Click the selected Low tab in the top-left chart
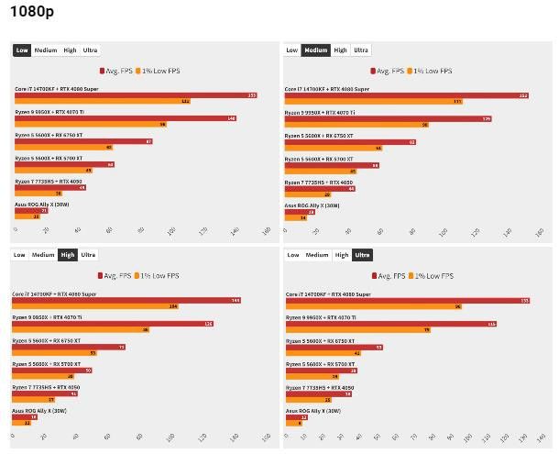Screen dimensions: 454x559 (22, 50)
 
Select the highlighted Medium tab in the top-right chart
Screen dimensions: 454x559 (315, 50)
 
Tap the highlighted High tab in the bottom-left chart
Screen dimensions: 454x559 (67, 255)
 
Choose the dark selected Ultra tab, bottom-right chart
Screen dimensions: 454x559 (361, 255)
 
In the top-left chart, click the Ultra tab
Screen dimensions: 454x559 (91, 50)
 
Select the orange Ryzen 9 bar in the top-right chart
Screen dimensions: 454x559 (357, 124)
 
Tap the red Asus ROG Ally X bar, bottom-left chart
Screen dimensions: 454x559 (25, 416)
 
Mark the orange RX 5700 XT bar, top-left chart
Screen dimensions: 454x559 (54, 171)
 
